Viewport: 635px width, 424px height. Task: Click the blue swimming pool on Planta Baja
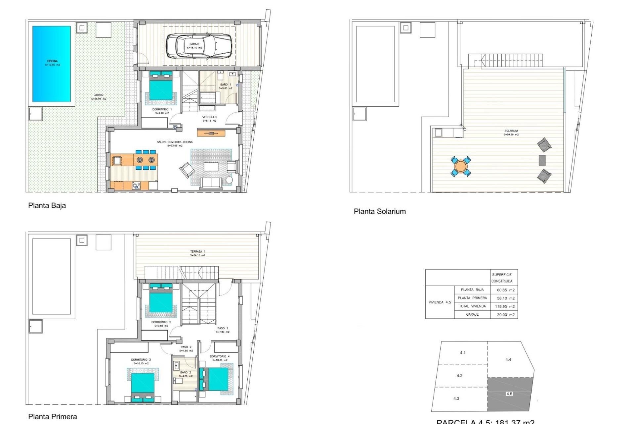coord(51,64)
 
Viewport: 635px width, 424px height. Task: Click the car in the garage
coord(198,46)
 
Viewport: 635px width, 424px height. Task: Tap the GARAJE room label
coord(194,44)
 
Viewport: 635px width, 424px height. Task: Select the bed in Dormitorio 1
coord(161,86)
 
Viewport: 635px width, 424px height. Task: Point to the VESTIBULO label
coord(209,117)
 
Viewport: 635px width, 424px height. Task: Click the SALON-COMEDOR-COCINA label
coord(175,142)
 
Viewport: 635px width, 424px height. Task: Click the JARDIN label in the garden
coord(99,95)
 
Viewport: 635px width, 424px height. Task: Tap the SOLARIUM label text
coord(511,131)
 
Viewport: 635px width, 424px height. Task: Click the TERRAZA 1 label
coord(198,252)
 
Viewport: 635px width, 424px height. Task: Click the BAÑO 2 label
coord(186,373)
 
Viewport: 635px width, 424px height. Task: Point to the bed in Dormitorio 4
coord(216,379)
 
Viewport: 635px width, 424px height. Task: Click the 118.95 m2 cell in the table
coord(505,306)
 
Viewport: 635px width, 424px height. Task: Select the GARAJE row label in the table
coord(472,314)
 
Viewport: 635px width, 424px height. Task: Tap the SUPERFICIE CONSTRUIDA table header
coord(502,278)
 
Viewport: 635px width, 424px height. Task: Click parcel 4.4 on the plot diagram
coord(508,359)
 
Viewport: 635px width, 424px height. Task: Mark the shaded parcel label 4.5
coord(509,394)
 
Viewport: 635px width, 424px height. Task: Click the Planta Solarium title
coord(380,211)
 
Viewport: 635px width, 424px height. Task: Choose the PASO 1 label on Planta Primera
coord(223,328)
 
